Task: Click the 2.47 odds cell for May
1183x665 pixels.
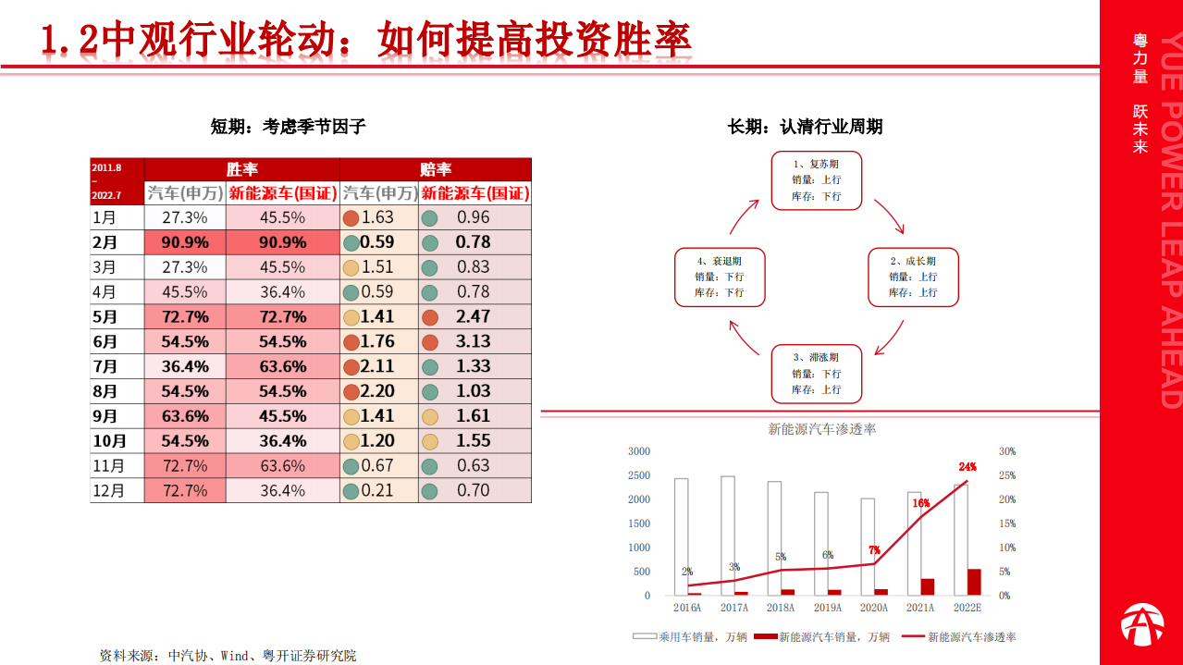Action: point(474,317)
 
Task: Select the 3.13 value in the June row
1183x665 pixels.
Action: point(474,342)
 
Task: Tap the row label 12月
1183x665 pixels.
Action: point(109,491)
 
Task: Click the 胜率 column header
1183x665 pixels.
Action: point(242,169)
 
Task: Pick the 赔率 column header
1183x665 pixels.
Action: point(436,169)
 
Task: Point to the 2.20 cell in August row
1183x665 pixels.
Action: point(378,391)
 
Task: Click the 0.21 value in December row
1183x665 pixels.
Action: point(378,491)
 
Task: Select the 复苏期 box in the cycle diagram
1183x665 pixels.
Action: point(817,179)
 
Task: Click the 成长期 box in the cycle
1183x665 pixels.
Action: point(913,277)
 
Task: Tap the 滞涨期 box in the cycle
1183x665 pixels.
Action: point(817,374)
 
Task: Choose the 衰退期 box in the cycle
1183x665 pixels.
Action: point(720,277)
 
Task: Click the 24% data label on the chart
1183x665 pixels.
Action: point(967,467)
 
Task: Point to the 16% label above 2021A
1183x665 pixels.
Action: point(920,503)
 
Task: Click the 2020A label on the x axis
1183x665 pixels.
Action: point(873,608)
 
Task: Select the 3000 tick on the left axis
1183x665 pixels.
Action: point(639,451)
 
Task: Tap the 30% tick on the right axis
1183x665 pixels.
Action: point(1006,451)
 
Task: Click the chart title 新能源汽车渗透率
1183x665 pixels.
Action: point(822,429)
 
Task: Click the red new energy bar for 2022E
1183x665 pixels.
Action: point(974,582)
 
